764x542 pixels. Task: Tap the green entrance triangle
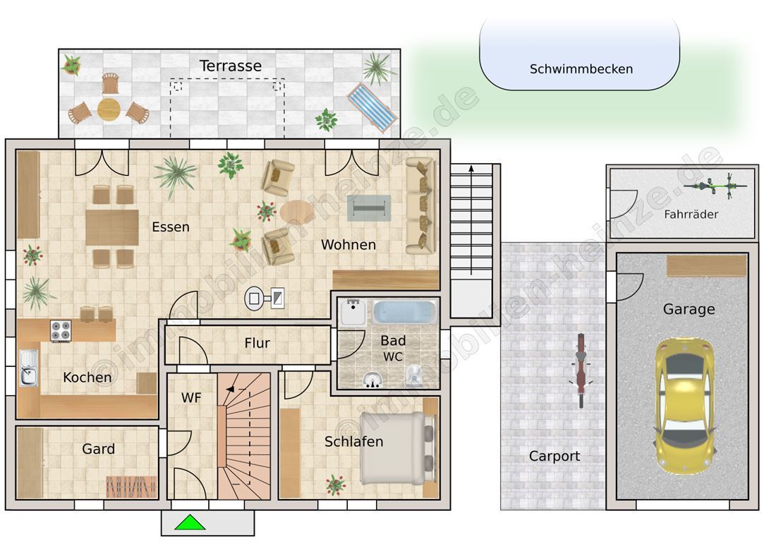[190, 522]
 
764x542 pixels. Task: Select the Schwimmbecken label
[581, 68]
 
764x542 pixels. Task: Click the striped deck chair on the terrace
[372, 107]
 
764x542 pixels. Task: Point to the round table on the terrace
[109, 109]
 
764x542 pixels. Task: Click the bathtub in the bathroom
[404, 312]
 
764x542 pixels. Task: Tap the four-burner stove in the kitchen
[61, 330]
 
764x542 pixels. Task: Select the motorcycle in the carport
[581, 371]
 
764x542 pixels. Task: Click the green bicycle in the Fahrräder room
[715, 186]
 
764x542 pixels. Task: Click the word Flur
[257, 343]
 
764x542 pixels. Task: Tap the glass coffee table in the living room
[369, 208]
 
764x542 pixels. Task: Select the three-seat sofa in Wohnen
[420, 205]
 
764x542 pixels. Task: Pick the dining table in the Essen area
[112, 227]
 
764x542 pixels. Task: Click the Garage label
[689, 309]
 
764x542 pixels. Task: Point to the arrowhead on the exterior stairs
[471, 169]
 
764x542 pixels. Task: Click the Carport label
[554, 456]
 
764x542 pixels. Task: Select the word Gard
[99, 448]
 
